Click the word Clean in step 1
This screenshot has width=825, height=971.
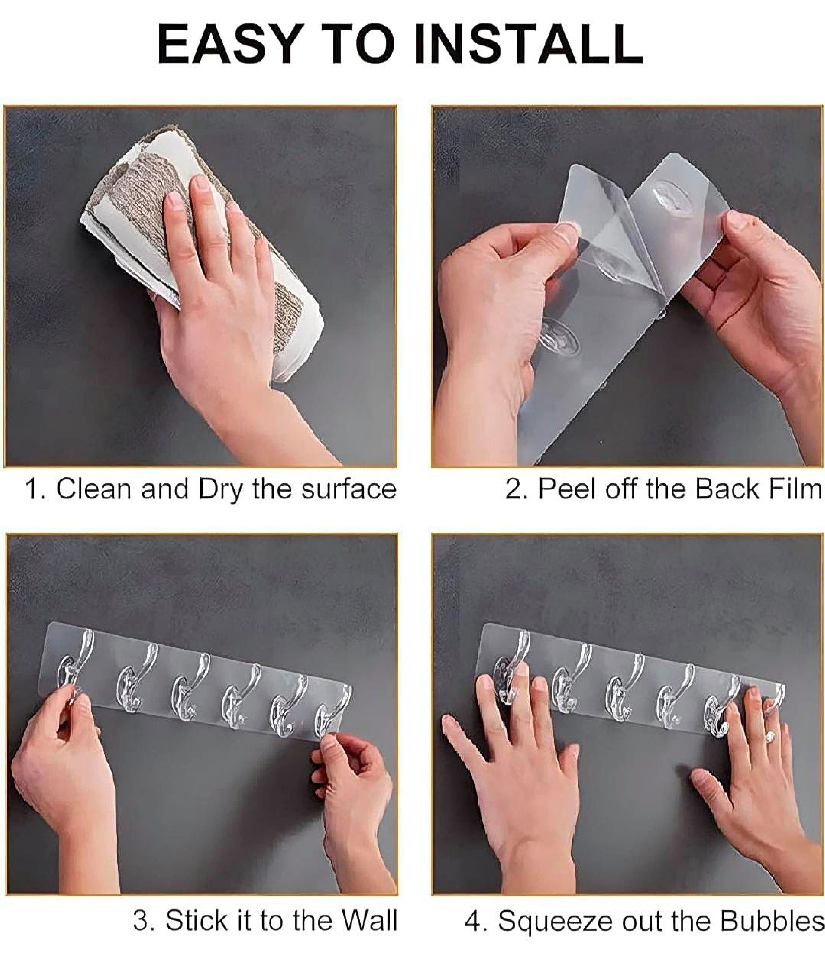94,490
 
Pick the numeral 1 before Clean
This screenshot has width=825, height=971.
32,490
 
